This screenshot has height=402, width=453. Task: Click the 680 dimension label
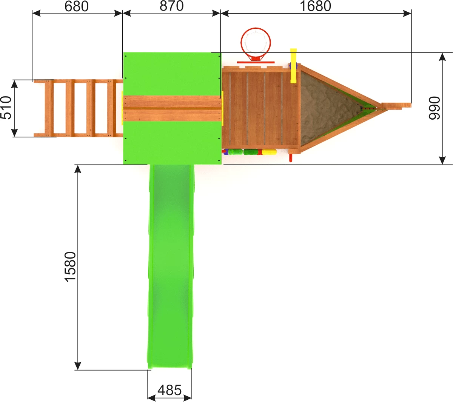pyautogui.click(x=77, y=6)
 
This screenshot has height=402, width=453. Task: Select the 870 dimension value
pyautogui.click(x=171, y=6)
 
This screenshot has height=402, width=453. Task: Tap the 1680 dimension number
pyautogui.click(x=315, y=6)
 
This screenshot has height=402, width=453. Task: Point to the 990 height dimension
pyautogui.click(x=434, y=108)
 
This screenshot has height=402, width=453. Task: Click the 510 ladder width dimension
pyautogui.click(x=6, y=108)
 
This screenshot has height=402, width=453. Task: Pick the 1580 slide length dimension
pyautogui.click(x=70, y=267)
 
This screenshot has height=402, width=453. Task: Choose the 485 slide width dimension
pyautogui.click(x=169, y=390)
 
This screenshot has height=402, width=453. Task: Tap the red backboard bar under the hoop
pyautogui.click(x=256, y=62)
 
